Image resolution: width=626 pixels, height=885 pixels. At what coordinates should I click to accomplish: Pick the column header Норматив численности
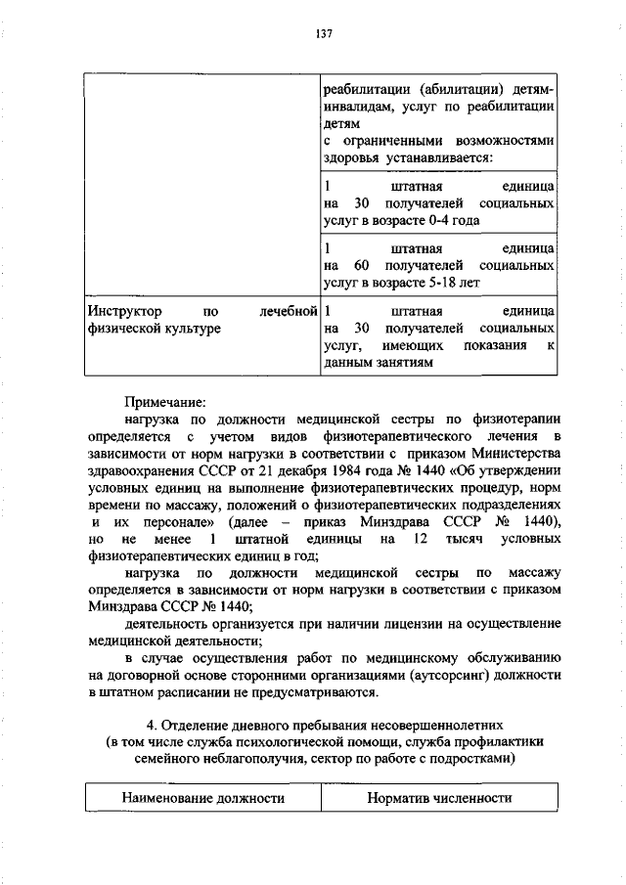[439, 798]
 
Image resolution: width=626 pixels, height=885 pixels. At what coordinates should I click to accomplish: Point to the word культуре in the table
[196, 329]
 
